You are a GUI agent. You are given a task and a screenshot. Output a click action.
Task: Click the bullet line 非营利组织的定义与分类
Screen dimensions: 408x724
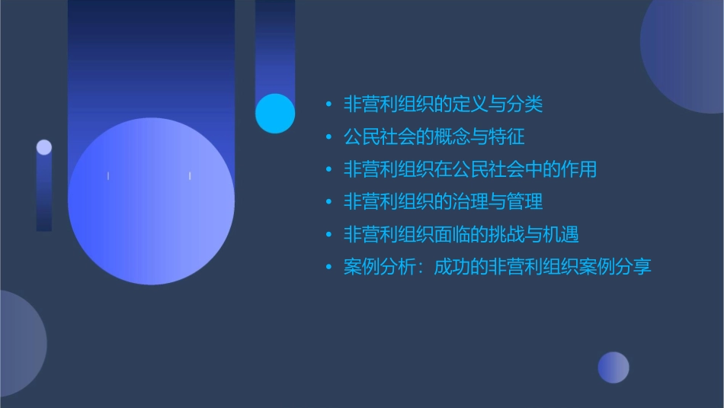[443, 104]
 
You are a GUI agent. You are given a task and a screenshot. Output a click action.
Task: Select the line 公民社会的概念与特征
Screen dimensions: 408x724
[434, 137]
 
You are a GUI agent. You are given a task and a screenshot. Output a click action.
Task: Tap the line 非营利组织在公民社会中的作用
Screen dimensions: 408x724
[469, 169]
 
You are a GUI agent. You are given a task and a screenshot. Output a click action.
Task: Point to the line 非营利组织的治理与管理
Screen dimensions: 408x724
[443, 202]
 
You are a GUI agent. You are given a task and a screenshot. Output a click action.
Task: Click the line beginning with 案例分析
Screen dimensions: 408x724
[497, 268]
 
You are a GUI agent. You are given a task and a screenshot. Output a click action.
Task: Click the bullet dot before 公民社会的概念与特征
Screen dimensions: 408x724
[328, 138]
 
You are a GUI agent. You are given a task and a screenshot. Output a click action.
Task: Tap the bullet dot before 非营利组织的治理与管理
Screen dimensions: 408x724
[328, 203]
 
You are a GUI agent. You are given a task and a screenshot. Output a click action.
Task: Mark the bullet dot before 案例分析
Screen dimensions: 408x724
[328, 268]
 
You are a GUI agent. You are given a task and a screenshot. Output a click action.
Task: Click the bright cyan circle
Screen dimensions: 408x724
[274, 113]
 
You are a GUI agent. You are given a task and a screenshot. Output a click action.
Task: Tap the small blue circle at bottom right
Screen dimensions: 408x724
[613, 368]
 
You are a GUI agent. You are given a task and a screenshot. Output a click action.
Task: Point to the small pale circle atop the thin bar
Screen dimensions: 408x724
[44, 147]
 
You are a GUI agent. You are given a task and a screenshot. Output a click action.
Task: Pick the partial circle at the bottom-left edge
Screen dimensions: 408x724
[19, 344]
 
